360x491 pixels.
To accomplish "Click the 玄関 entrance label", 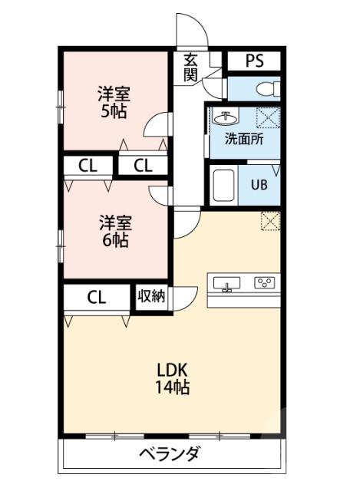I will tap(190, 68).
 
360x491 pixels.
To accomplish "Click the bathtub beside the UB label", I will tap(222, 185).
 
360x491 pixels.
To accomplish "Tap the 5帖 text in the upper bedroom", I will tap(113, 110).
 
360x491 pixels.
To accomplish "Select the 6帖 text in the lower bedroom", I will tap(114, 239).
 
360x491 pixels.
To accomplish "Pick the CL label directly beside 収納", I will tap(96, 298).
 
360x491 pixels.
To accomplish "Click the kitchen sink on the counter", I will tap(227, 284).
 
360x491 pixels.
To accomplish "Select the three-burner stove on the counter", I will tap(265, 283).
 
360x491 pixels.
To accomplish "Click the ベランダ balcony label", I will tap(170, 453).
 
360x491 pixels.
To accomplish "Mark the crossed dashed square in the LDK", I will tap(269, 220).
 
